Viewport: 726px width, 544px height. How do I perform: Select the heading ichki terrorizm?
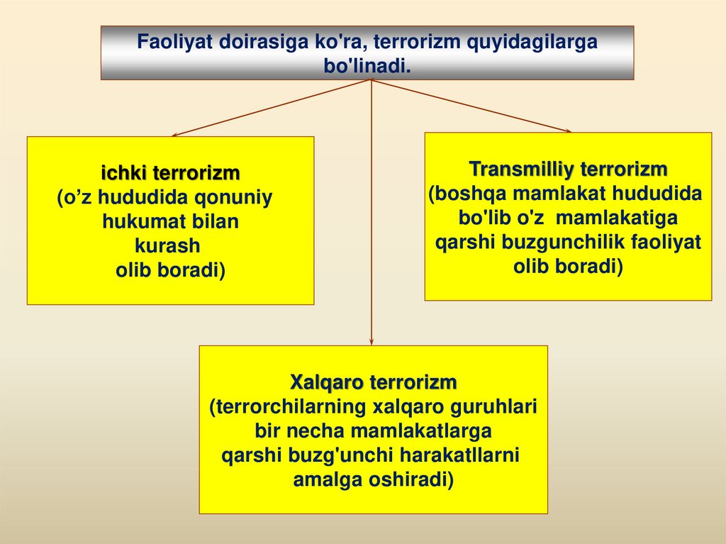click(170, 173)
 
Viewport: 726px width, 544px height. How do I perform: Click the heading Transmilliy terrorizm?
click(568, 170)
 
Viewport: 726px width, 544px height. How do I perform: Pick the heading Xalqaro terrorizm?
click(374, 383)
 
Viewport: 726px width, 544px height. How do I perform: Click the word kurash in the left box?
click(167, 246)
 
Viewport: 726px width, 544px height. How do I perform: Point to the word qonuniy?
click(238, 198)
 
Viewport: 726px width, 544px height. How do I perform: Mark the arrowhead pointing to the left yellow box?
click(175, 134)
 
